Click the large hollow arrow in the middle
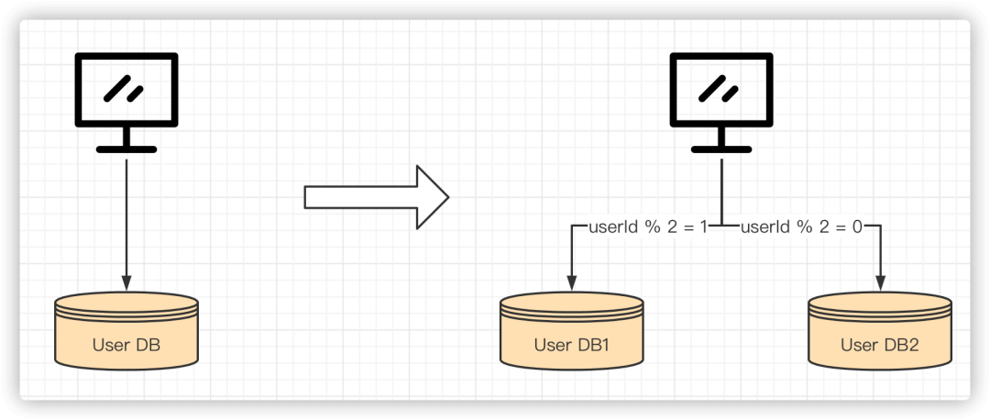pyautogui.click(x=377, y=196)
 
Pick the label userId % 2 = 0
pyautogui.click(x=801, y=226)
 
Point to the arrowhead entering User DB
pyautogui.click(x=126, y=282)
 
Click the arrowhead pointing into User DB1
pyautogui.click(x=571, y=282)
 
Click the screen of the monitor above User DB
pyautogui.click(x=126, y=90)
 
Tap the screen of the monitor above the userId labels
pyautogui.click(x=721, y=90)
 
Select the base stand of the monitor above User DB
pyautogui.click(x=126, y=148)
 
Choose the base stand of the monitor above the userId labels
pyautogui.click(x=721, y=148)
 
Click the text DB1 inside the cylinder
pyautogui.click(x=591, y=346)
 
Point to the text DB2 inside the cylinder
pyautogui.click(x=899, y=346)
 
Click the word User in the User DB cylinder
pyautogui.click(x=110, y=346)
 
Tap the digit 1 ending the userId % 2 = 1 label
pyautogui.click(x=703, y=226)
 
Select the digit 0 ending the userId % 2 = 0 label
pyautogui.click(x=857, y=226)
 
